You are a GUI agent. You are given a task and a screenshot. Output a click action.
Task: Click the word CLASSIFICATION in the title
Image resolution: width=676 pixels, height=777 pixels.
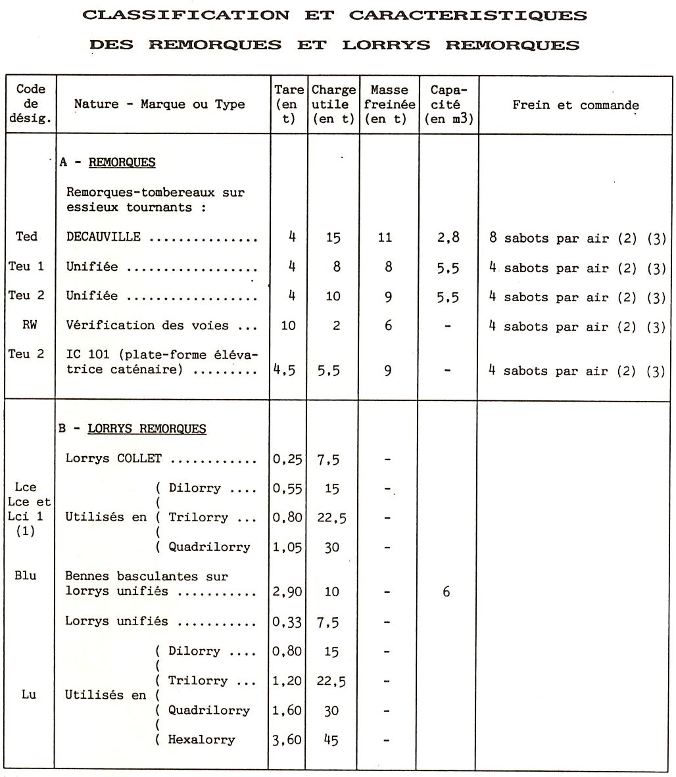186,15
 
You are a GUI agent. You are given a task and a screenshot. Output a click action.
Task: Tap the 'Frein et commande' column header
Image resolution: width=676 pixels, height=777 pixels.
575,105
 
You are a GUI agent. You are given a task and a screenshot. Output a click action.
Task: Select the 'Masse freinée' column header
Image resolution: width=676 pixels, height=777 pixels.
389,105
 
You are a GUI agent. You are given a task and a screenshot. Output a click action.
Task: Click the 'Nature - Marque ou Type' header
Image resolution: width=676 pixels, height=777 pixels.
159,105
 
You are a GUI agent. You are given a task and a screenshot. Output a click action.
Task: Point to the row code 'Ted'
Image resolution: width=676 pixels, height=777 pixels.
27,237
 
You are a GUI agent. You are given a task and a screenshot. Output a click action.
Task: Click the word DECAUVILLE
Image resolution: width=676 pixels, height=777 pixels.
103,237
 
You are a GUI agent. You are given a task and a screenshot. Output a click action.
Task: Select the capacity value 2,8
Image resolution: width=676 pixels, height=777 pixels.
448,238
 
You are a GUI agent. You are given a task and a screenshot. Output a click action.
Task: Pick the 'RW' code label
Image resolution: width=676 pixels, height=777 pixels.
27,325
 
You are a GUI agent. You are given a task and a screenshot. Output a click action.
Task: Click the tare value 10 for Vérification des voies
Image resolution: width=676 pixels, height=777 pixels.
288,326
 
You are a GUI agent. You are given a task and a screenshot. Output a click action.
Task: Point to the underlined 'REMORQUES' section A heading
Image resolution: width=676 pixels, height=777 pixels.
122,162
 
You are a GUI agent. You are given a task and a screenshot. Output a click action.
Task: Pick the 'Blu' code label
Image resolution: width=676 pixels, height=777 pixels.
27,576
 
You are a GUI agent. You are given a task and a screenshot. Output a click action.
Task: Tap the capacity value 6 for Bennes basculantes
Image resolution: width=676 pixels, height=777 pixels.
447,592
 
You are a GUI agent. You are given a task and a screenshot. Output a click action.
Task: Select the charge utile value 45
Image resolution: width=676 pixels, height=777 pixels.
332,740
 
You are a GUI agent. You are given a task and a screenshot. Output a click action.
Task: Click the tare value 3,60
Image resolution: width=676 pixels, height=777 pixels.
287,740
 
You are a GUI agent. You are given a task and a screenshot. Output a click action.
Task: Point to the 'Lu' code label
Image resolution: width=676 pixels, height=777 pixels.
28,695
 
